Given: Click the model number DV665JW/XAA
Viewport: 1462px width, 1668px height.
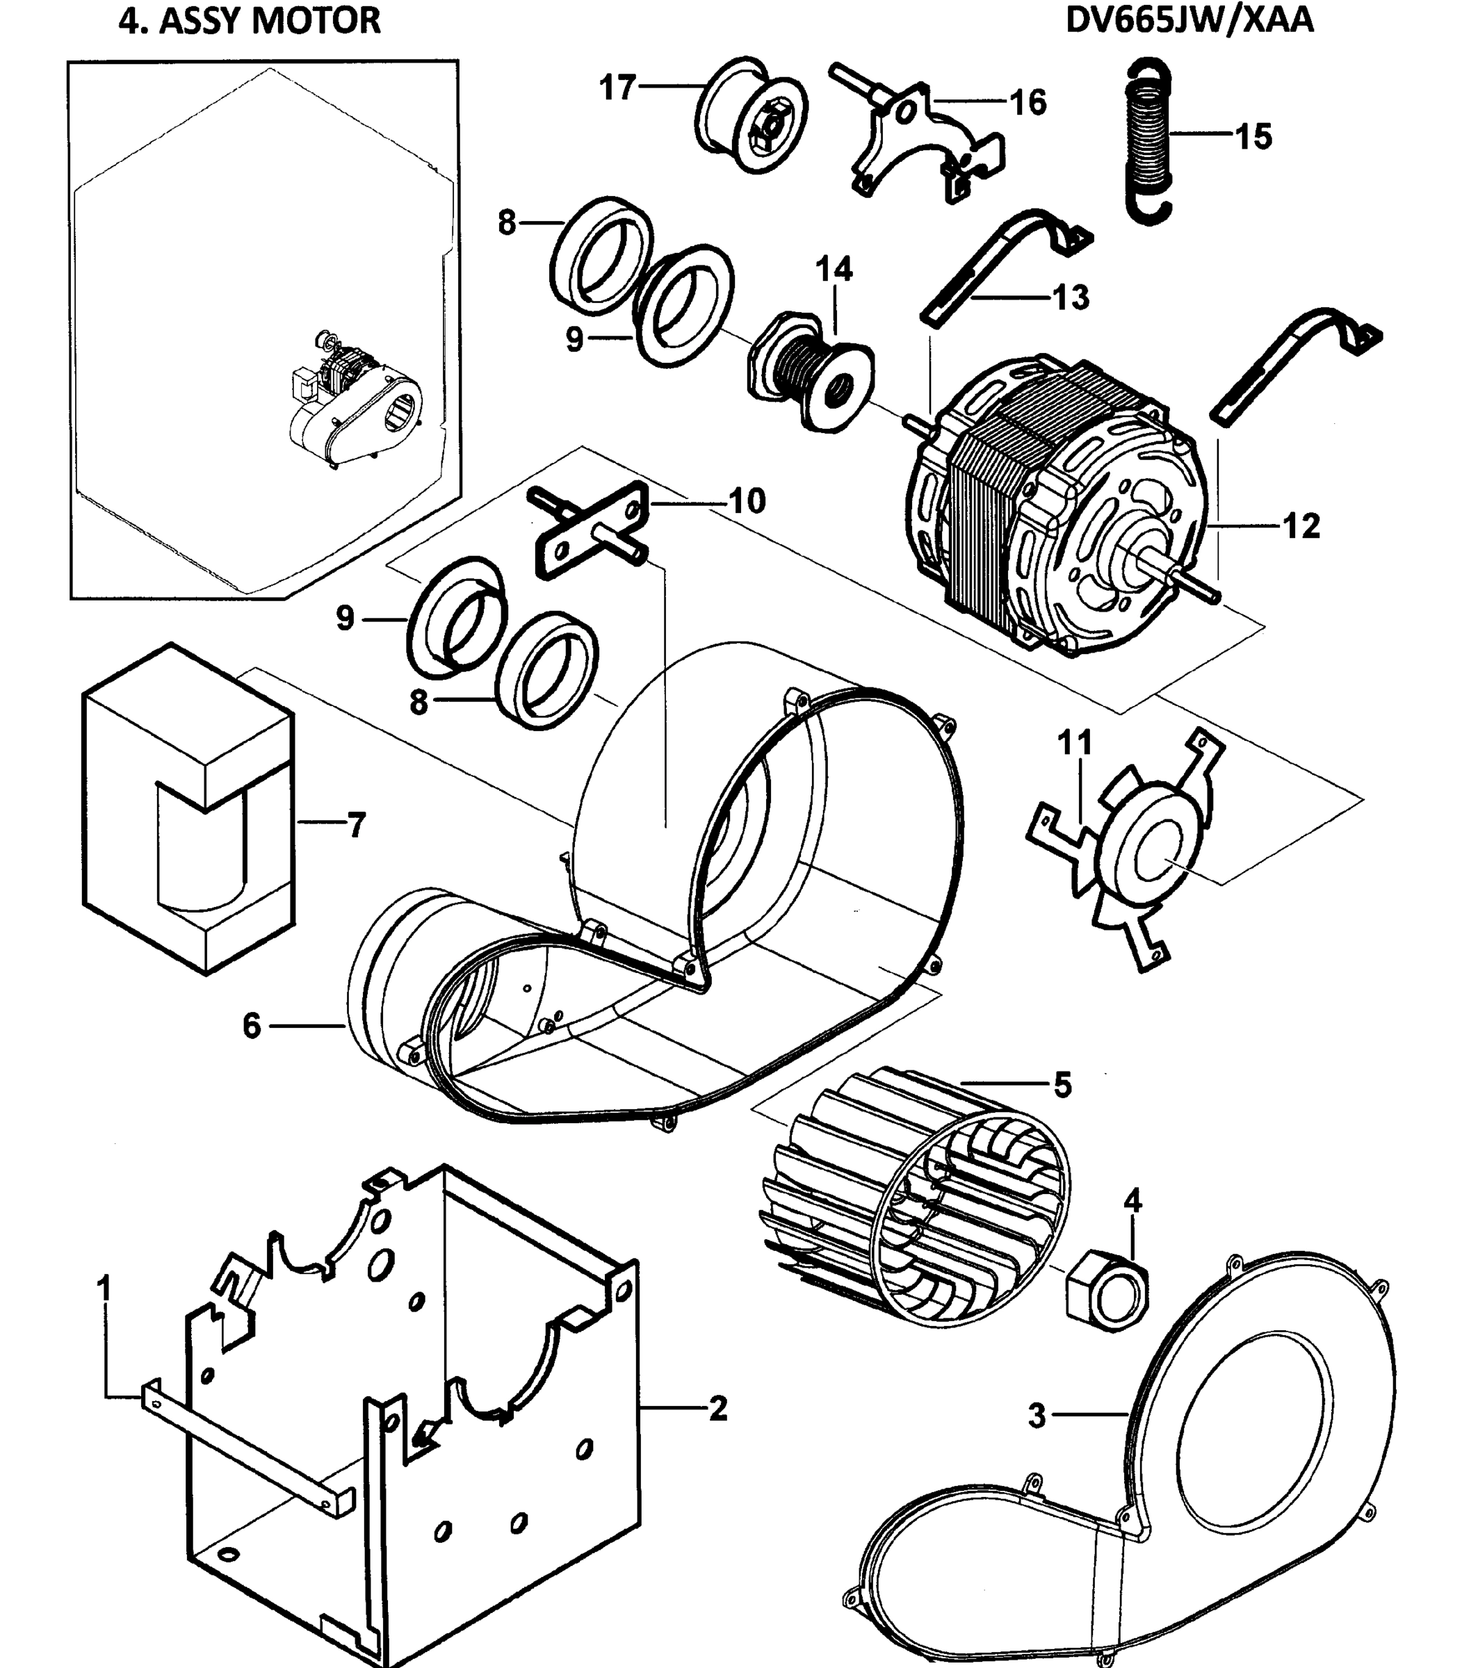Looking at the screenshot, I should click(x=1189, y=20).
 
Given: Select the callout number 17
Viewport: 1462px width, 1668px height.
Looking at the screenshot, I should click(x=617, y=88).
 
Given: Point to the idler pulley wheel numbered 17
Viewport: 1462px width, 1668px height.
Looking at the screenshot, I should click(x=752, y=117).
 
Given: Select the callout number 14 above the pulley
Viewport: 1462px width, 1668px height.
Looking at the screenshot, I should click(x=834, y=269).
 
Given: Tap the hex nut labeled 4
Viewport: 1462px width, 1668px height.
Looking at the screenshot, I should click(x=1108, y=1297).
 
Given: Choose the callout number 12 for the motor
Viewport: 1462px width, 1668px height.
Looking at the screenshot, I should click(x=1301, y=526).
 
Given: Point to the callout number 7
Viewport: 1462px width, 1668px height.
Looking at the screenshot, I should click(x=357, y=826).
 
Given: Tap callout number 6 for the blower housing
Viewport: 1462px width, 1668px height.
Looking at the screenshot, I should click(x=251, y=1026).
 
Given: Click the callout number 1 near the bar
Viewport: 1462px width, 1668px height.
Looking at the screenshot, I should click(x=104, y=1289).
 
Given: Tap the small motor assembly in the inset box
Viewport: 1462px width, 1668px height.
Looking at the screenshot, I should click(x=351, y=400).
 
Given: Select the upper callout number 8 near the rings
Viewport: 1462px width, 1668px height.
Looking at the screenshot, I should click(x=507, y=222).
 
